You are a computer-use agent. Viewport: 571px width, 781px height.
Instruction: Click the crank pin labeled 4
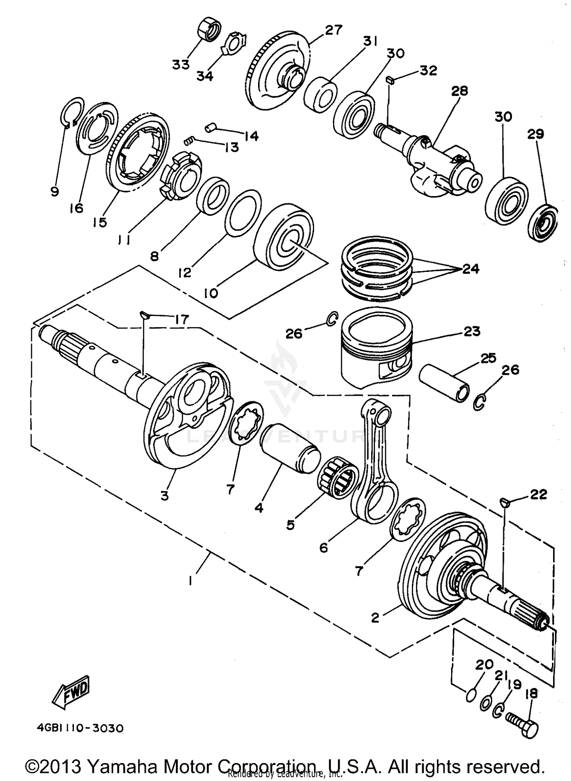(290, 449)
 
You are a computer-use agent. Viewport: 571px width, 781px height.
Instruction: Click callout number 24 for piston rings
(471, 269)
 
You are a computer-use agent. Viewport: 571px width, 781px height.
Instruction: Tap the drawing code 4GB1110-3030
(80, 728)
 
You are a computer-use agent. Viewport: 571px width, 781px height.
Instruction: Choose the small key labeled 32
(389, 80)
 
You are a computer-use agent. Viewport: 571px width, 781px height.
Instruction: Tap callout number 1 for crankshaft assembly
(190, 581)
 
